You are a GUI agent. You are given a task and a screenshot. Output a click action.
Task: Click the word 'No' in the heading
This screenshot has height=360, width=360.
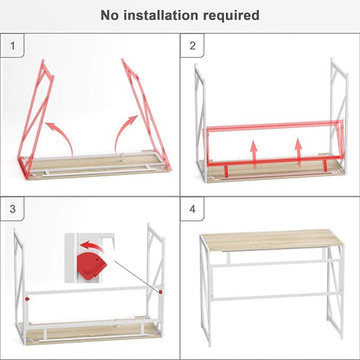point(110,16)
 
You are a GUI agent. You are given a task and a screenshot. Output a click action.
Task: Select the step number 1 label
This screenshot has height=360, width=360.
point(12,46)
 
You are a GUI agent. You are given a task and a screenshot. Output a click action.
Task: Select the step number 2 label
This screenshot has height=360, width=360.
point(192,46)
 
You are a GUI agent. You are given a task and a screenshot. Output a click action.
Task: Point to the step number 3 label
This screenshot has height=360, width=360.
point(12,209)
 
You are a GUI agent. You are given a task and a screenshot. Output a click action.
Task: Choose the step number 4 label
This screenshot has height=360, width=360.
point(192,209)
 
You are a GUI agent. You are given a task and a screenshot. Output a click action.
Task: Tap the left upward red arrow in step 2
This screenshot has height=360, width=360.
point(254,154)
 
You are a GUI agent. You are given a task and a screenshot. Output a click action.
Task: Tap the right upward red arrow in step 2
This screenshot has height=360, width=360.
point(299,152)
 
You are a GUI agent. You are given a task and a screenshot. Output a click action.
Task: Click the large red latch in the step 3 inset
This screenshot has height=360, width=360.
point(91,266)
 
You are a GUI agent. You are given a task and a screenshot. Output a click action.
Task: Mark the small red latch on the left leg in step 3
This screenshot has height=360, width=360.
point(27,299)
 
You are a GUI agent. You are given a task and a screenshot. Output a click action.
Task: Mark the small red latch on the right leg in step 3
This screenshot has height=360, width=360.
point(160,292)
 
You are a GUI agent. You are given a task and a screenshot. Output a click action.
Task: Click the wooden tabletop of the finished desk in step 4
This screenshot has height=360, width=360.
point(272,240)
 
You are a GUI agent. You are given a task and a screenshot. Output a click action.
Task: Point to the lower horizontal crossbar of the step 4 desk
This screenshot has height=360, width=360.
point(274,297)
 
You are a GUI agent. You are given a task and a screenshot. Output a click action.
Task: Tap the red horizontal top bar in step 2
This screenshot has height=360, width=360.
point(274,125)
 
